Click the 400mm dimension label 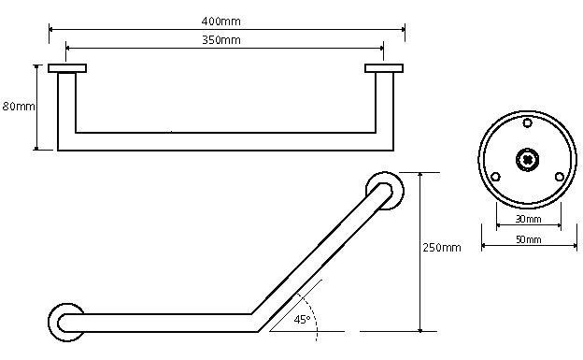coord(220,22)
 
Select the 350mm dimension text coord(221,40)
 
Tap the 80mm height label coord(19,107)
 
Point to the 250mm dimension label coord(442,248)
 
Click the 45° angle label coord(302,320)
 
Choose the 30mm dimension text coord(529,220)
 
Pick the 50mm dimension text coord(529,239)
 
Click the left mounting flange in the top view coord(67,68)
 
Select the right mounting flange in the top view coord(384,68)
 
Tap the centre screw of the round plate coord(528,160)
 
